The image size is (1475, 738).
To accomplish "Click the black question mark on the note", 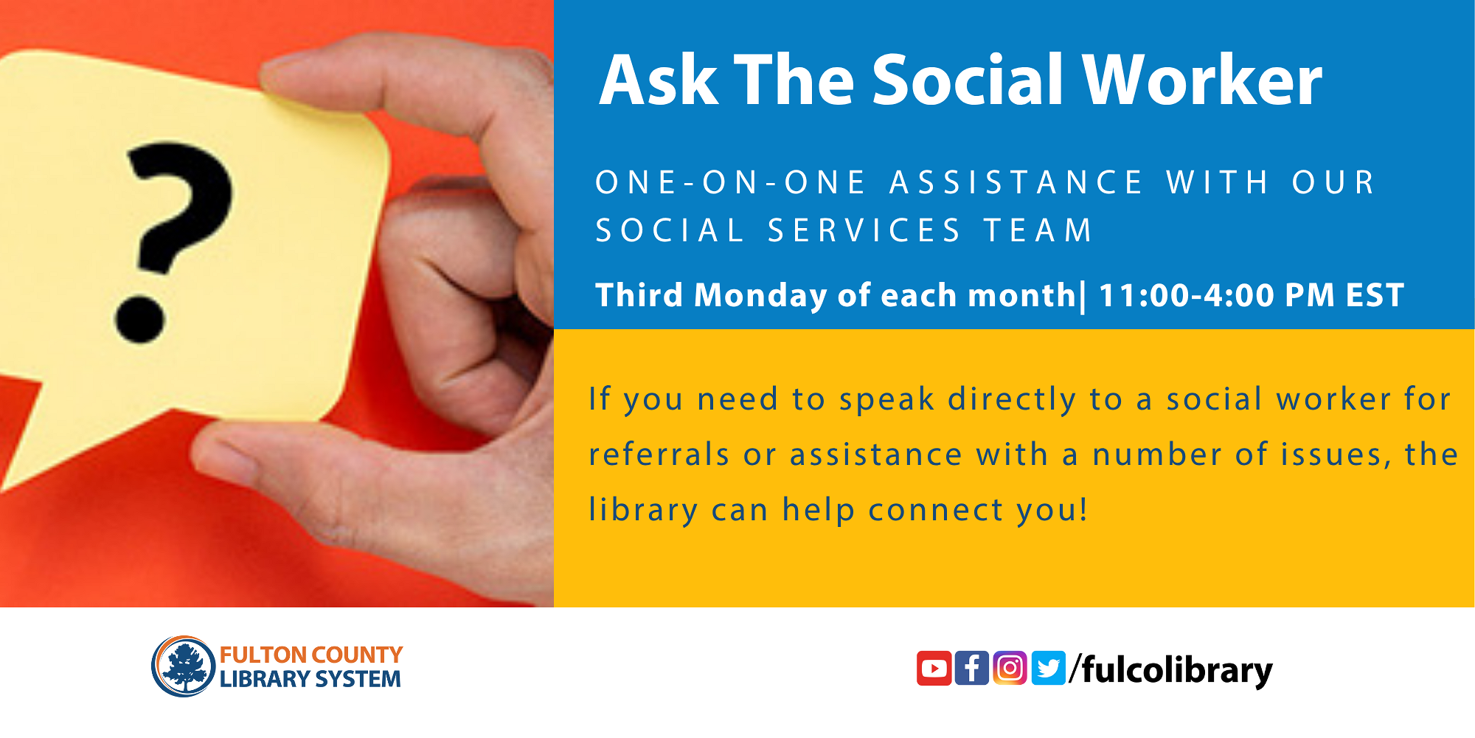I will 177,210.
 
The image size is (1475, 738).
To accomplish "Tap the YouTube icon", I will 934,668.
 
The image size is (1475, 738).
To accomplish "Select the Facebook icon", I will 972,668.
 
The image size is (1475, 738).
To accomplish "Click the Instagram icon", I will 1010,668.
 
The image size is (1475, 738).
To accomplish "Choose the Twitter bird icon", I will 1048,668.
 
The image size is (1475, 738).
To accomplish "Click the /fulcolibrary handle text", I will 1173,670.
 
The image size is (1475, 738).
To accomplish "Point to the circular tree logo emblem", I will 183,666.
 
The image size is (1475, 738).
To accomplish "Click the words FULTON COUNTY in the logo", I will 311,655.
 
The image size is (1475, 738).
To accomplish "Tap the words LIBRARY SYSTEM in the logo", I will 310,679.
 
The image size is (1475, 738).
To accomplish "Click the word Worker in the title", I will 1202,81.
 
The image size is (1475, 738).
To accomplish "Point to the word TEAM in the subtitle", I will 1038,231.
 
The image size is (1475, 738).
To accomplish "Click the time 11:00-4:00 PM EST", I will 1251,295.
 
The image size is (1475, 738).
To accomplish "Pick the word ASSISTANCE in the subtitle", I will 1016,183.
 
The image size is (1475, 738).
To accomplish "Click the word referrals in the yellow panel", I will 659,455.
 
